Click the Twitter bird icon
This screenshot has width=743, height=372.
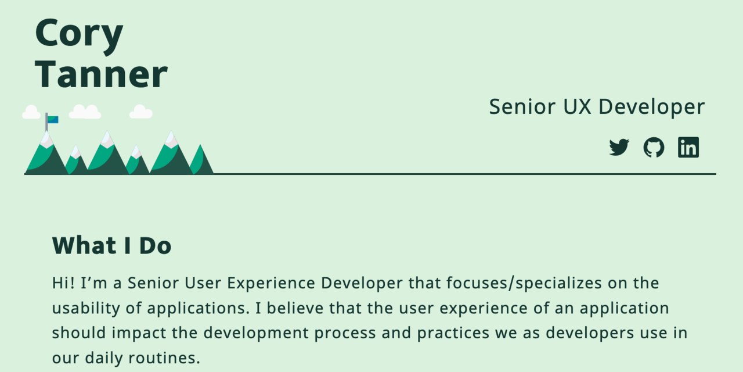pos(619,148)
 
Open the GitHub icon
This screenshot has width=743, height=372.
pos(654,148)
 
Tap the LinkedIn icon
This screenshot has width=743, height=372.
pos(688,148)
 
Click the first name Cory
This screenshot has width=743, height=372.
pos(79,34)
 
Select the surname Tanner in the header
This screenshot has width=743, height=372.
pos(101,74)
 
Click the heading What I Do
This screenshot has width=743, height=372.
pos(111,246)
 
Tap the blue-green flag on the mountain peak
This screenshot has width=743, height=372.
pos(53,120)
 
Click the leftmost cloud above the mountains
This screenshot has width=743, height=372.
pos(31,112)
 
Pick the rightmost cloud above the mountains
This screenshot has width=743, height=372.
pos(140,112)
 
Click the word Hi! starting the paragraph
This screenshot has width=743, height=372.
pos(63,283)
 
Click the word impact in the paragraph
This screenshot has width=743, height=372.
pos(138,333)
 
